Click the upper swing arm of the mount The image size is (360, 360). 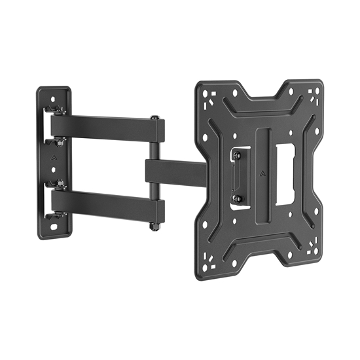tap(105, 127)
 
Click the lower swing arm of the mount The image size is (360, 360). tap(105, 204)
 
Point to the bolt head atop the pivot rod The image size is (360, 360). tap(154, 118)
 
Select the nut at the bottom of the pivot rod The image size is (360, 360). tap(154, 226)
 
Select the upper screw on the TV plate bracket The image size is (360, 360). tap(237, 154)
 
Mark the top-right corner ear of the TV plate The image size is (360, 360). tap(314, 94)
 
